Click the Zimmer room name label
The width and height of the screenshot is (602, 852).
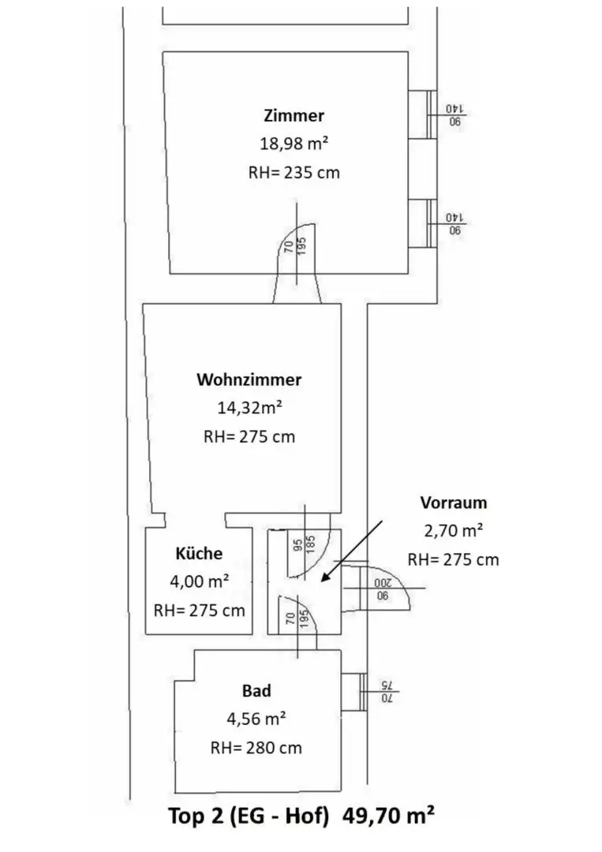pyautogui.click(x=294, y=115)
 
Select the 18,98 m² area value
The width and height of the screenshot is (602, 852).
pyautogui.click(x=294, y=144)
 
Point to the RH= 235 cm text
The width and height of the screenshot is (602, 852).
pyautogui.click(x=294, y=173)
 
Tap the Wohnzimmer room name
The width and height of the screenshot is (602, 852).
pyautogui.click(x=249, y=379)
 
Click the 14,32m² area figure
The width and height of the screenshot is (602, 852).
pyautogui.click(x=249, y=408)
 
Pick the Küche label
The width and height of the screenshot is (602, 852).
pyautogui.click(x=199, y=553)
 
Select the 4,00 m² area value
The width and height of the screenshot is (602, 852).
pyautogui.click(x=200, y=581)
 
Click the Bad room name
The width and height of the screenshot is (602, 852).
pyautogui.click(x=256, y=690)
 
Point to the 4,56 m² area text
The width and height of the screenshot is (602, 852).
pyautogui.click(x=256, y=719)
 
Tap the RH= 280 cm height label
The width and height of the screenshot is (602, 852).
pyautogui.click(x=256, y=748)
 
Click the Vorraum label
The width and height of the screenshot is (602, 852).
pyautogui.click(x=453, y=503)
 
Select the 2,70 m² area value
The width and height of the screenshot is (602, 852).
pyautogui.click(x=454, y=530)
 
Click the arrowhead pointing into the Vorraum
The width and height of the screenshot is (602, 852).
pyautogui.click(x=325, y=577)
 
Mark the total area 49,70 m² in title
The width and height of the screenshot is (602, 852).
pyautogui.click(x=388, y=816)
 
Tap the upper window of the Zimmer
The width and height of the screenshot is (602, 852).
pyautogui.click(x=423, y=114)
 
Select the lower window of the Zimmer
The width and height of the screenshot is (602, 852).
pyautogui.click(x=423, y=224)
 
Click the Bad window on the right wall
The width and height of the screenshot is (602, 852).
pyautogui.click(x=354, y=692)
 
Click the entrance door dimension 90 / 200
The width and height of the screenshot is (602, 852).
pyautogui.click(x=383, y=589)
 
